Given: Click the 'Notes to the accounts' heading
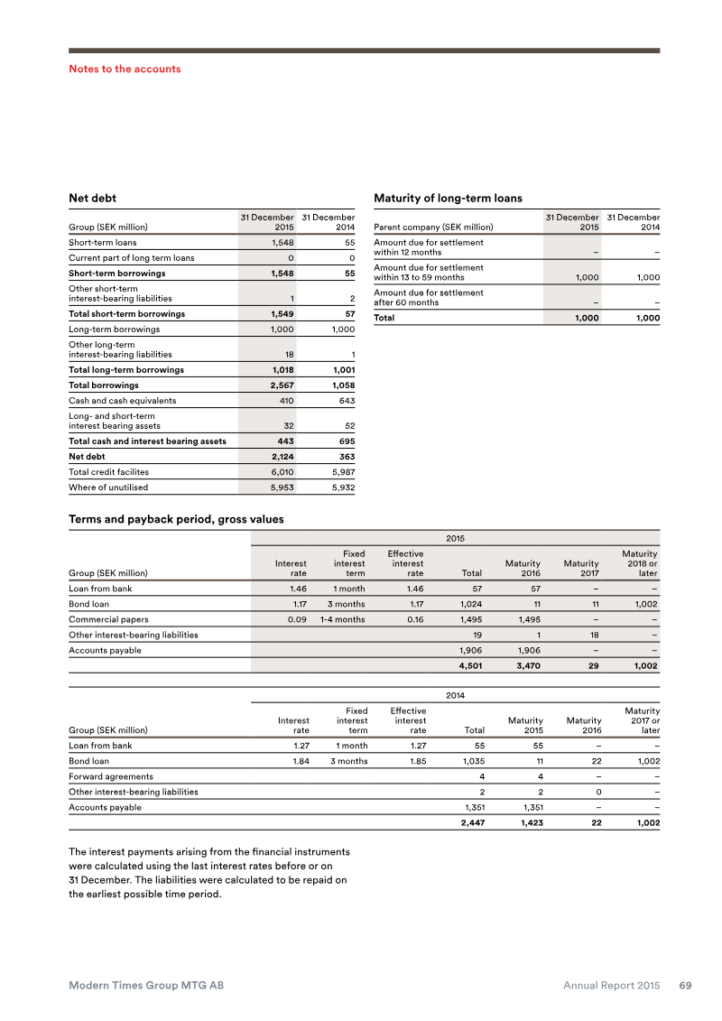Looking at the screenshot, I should (x=125, y=69).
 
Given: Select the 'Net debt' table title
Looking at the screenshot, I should (x=92, y=197).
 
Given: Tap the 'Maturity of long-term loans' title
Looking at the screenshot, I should (x=448, y=197).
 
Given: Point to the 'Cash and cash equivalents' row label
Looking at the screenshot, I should (x=123, y=401).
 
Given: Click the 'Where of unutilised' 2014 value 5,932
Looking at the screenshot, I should (x=340, y=487).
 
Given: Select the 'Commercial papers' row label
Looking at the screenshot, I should (x=109, y=619).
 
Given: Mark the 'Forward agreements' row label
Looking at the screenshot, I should (x=111, y=776).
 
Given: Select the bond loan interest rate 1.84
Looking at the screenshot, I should (x=296, y=761).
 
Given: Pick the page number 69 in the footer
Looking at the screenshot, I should (x=685, y=986).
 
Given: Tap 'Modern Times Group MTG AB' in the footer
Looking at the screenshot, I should (x=146, y=986).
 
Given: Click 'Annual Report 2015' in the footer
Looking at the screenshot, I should (x=612, y=986).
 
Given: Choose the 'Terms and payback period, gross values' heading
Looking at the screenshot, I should (x=176, y=519).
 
